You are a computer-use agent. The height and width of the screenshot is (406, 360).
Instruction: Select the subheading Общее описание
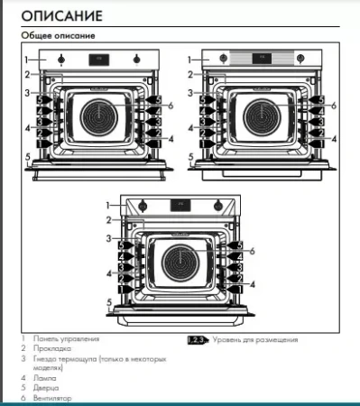59,35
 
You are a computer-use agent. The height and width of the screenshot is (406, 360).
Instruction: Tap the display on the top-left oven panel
98,60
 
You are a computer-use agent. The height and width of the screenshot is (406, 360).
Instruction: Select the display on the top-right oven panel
262,60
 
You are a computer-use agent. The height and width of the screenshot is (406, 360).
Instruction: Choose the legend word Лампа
46,377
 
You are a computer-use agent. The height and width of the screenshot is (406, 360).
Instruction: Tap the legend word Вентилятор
54,397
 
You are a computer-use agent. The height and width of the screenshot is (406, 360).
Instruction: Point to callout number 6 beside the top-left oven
170,106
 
